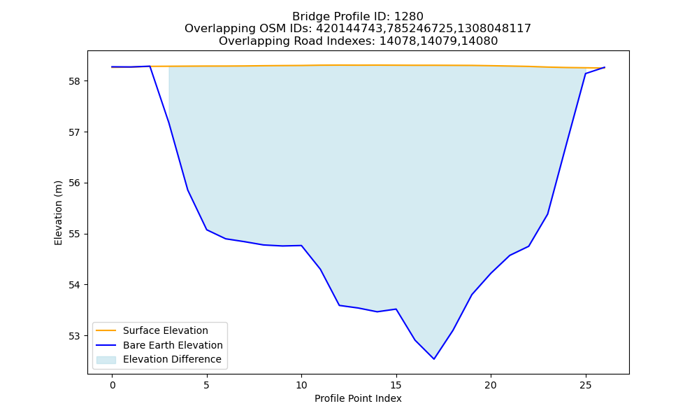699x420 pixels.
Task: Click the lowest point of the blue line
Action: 434,359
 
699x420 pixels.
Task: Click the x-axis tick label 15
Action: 396,385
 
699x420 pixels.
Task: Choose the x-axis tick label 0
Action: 113,385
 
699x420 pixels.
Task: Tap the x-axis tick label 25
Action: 585,385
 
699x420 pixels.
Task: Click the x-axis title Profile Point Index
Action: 358,398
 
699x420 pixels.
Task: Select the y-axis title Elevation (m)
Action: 58,213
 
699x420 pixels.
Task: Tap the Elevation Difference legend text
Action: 172,359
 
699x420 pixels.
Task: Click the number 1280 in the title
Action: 409,17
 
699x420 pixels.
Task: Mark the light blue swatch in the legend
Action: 106,360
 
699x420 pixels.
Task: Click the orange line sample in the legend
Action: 106,330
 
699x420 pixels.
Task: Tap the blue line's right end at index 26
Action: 605,67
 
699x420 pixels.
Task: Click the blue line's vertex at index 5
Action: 207,230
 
